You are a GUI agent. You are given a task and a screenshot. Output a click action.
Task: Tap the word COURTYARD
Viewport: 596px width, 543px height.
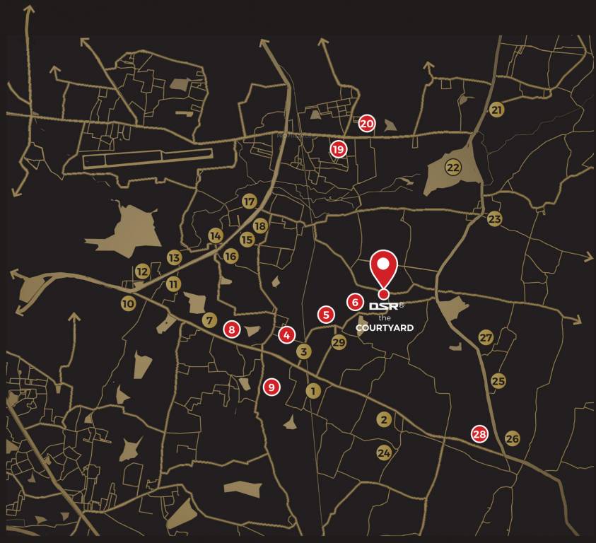(x=385, y=327)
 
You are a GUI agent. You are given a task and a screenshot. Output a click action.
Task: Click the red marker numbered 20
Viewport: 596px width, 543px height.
(x=366, y=123)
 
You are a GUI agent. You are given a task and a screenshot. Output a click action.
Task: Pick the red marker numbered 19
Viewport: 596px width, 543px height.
(x=338, y=149)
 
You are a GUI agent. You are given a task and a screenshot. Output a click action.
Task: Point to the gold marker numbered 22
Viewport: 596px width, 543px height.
(x=453, y=168)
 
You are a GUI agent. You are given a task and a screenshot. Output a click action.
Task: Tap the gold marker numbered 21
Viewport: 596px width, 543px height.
(x=496, y=110)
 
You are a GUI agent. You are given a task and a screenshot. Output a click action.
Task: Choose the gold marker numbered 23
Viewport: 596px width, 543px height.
(x=494, y=219)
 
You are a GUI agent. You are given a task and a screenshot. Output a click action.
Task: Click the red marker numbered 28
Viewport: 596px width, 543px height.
(x=480, y=434)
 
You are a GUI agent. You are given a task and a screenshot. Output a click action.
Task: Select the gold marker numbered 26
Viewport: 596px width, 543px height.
(x=513, y=439)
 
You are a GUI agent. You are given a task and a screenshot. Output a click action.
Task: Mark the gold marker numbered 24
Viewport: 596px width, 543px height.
(x=384, y=452)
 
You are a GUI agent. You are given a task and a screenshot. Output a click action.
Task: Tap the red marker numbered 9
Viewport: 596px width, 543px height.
(x=271, y=387)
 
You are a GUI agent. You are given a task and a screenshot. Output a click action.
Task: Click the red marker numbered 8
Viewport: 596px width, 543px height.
(x=231, y=329)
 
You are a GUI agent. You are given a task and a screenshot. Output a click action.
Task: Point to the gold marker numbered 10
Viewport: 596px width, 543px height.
(x=128, y=304)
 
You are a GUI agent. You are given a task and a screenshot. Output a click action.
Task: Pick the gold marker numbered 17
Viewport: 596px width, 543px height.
(x=249, y=202)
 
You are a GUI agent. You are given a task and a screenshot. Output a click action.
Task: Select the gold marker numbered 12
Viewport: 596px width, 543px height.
(x=143, y=271)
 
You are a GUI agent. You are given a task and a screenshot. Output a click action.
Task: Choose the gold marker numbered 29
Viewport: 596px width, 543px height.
(x=339, y=343)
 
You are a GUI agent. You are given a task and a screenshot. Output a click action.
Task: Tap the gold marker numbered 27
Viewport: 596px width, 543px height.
(x=486, y=338)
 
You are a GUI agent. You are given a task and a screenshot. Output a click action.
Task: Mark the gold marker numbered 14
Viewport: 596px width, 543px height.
(x=216, y=235)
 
